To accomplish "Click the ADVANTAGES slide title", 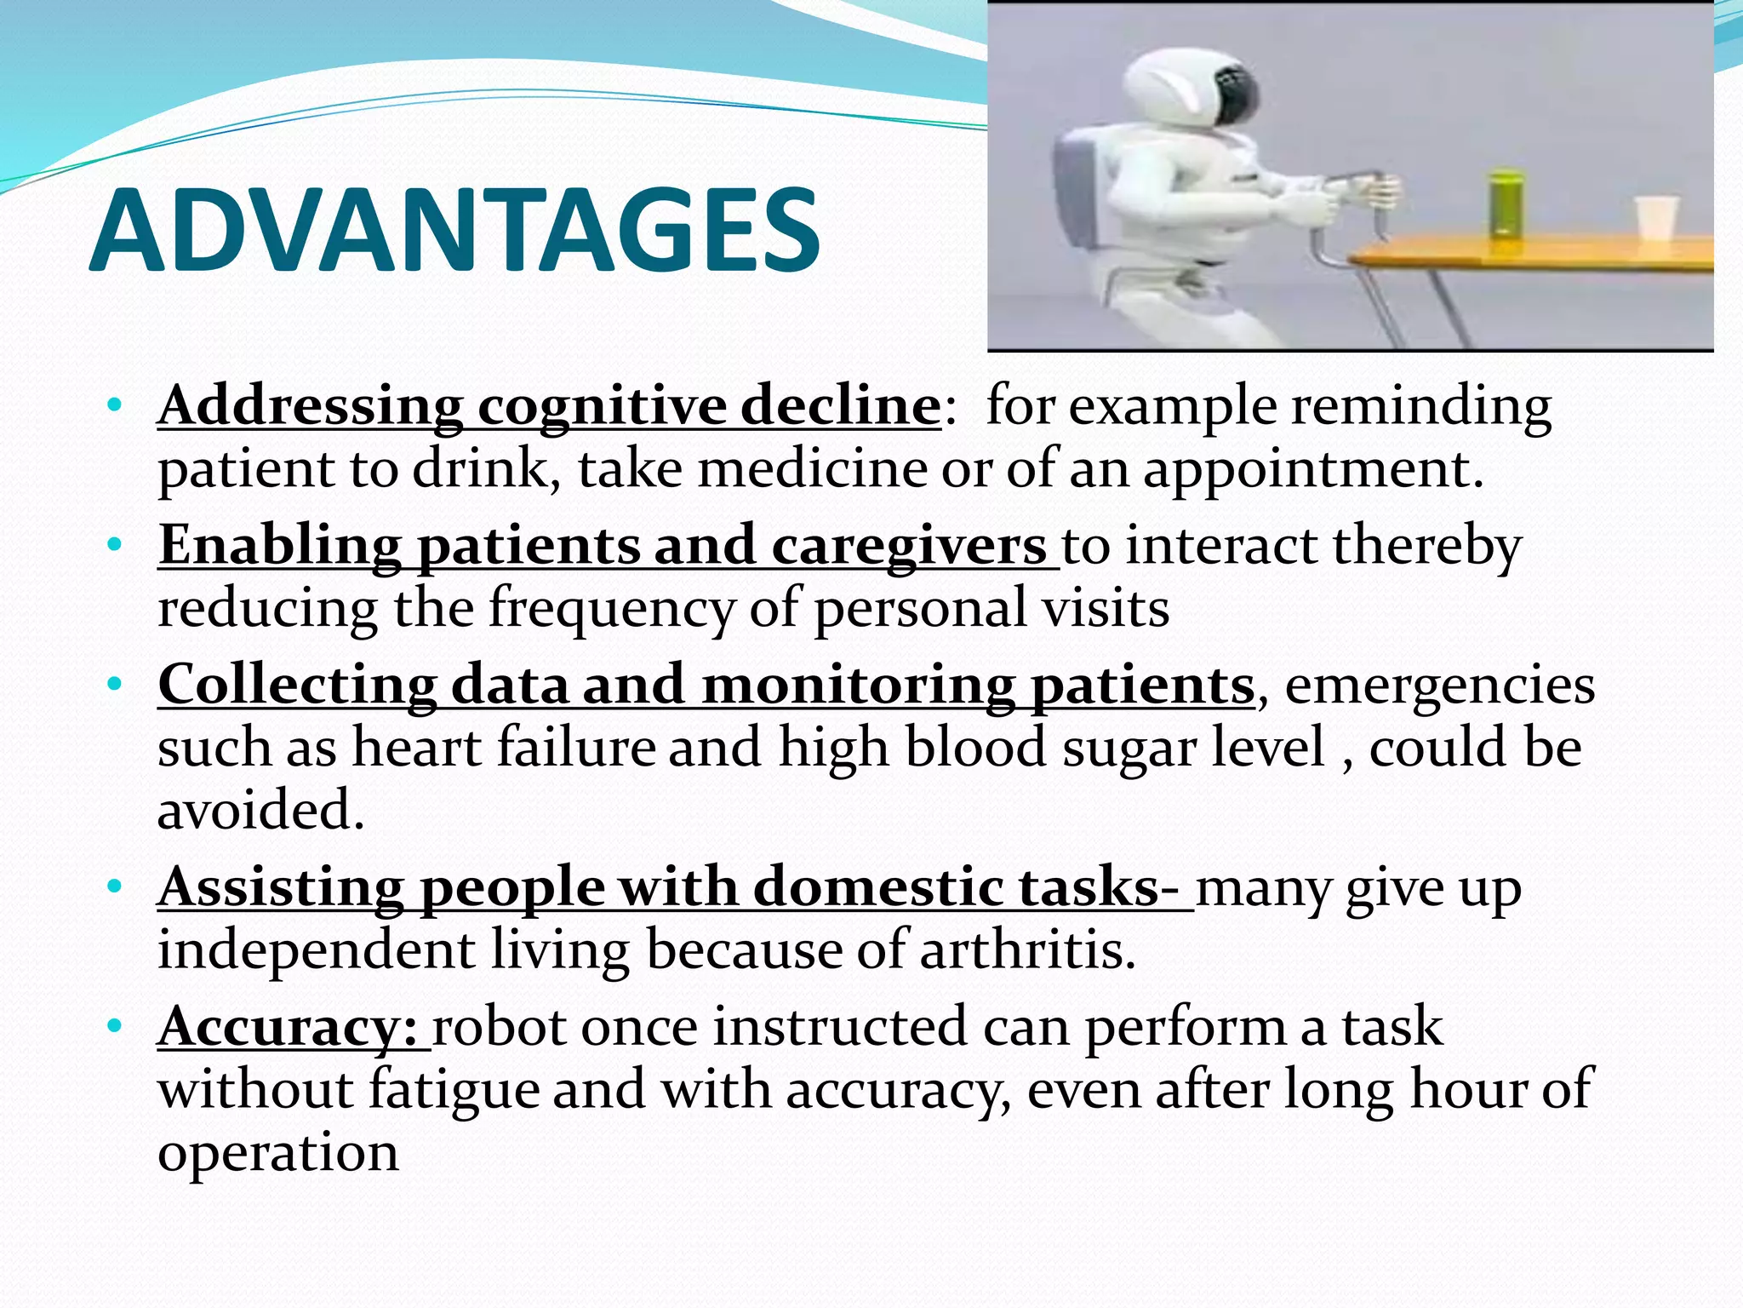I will [454, 232].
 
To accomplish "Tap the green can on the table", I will [1505, 204].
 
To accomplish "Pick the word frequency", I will [611, 610].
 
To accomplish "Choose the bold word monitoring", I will [858, 686].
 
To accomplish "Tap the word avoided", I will [260, 810].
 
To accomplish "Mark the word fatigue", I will [454, 1091].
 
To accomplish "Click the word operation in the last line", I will [278, 1155].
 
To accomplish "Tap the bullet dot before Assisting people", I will [116, 888].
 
